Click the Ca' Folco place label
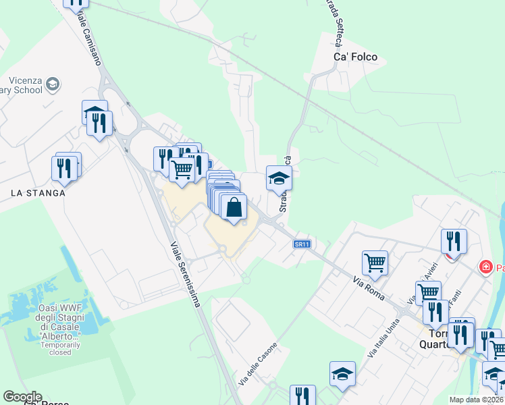(x=355, y=57)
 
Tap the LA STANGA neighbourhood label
(x=38, y=193)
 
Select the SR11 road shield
(x=301, y=244)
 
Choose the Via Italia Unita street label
(x=383, y=337)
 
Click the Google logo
(x=22, y=397)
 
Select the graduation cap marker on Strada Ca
(x=279, y=179)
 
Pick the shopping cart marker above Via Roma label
(x=375, y=262)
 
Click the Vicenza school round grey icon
(x=53, y=84)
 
